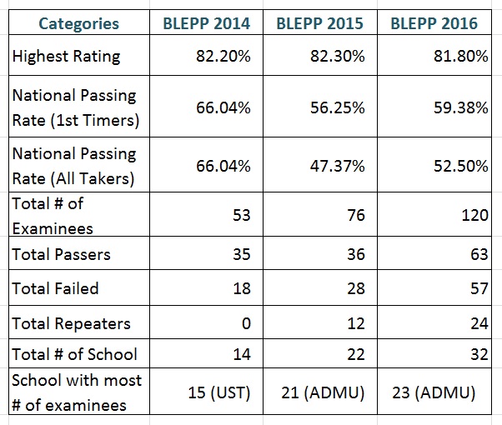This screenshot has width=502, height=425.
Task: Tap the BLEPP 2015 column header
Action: (x=319, y=23)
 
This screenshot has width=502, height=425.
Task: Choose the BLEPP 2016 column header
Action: (x=434, y=23)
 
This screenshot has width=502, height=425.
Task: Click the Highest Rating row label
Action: (x=67, y=57)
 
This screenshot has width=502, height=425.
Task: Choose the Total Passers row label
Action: (x=61, y=254)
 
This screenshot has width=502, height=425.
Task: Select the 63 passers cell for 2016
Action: (x=479, y=254)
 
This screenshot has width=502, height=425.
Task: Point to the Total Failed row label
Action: (x=56, y=288)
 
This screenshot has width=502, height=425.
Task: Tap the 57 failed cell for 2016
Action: (x=479, y=288)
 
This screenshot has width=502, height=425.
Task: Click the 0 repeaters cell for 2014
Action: (x=245, y=323)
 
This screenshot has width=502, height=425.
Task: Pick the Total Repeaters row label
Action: (x=71, y=323)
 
